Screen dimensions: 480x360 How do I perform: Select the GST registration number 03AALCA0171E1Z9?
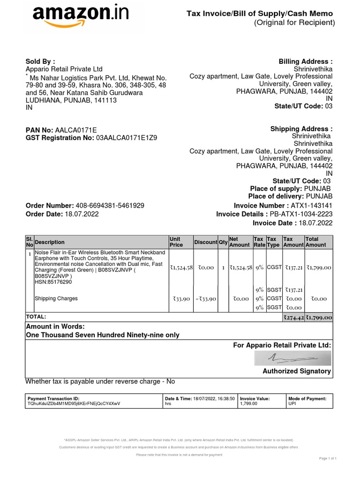tap(127, 138)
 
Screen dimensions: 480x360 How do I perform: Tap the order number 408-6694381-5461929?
tap(110, 206)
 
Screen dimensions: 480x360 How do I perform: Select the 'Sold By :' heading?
tap(40, 61)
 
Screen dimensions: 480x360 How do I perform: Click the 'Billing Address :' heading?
tap(306, 61)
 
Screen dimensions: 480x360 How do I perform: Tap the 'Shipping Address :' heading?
tap(301, 129)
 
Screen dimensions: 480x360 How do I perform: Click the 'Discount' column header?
tap(205, 242)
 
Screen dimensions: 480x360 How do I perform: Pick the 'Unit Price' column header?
tap(176, 242)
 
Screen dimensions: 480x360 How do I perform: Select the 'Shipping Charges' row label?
tap(56, 299)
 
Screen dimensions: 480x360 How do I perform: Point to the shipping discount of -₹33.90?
tap(205, 299)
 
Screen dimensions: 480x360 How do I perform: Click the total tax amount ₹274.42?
tap(293, 317)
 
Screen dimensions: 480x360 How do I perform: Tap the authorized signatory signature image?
tap(292, 359)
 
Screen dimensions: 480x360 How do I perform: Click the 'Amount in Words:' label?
tap(55, 326)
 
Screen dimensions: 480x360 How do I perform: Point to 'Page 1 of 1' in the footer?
tap(328, 458)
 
